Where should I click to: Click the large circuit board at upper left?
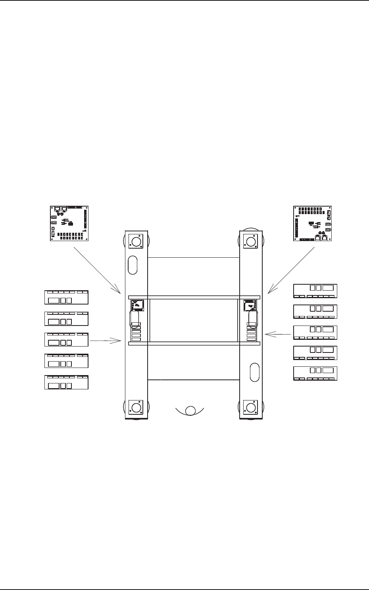point(69,223)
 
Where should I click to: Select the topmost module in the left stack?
point(66,297)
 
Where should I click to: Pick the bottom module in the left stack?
point(66,382)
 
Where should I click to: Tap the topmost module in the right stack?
point(315,291)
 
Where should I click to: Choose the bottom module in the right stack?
point(315,374)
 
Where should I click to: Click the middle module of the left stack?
point(66,340)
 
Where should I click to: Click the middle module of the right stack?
point(315,332)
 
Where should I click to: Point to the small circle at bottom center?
point(190,411)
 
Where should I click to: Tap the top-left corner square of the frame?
point(136,241)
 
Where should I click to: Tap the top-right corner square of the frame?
point(251,241)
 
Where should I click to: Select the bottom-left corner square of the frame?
point(136,408)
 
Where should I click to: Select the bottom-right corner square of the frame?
point(251,408)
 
